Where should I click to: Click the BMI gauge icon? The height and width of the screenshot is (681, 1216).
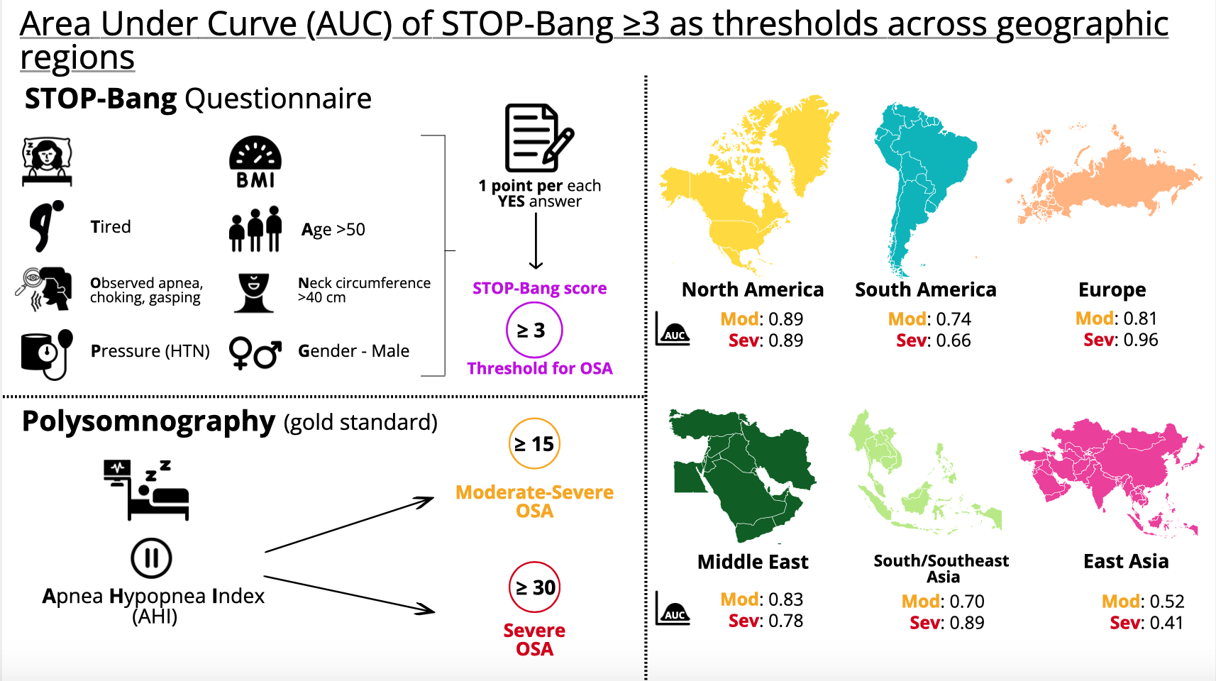tap(255, 162)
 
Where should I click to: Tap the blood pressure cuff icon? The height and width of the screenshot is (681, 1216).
tap(47, 355)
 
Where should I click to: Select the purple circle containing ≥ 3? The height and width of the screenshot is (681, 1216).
tap(534, 330)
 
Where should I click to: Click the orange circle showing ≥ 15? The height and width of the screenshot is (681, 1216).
tap(534, 443)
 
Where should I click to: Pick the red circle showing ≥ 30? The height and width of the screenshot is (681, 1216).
tap(534, 587)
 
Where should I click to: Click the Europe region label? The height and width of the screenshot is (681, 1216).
tap(1112, 289)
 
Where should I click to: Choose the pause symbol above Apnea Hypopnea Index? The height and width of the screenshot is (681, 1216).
tap(151, 558)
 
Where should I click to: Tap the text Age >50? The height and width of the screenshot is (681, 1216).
tap(333, 230)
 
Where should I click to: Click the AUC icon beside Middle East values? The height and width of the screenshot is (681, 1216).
tap(673, 608)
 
